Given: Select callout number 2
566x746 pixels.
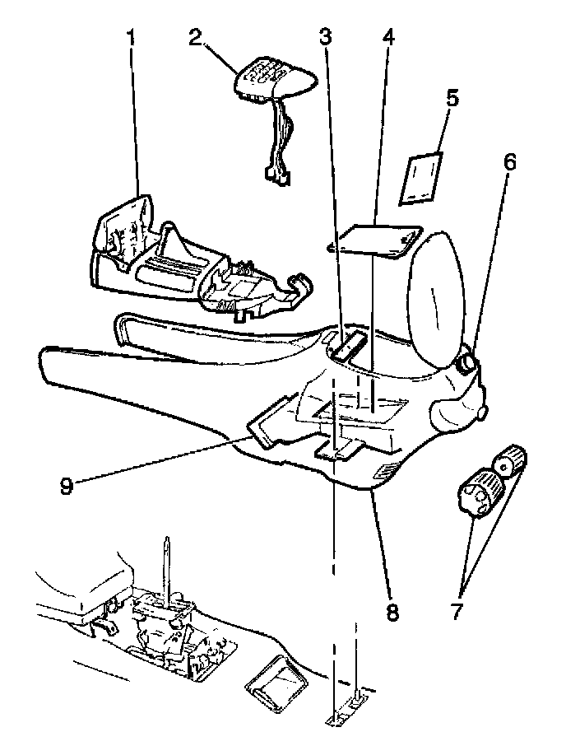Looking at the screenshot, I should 194,37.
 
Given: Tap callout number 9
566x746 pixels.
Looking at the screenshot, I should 67,485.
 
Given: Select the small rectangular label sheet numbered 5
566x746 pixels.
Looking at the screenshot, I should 421,179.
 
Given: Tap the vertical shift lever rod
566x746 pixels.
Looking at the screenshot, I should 168,568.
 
